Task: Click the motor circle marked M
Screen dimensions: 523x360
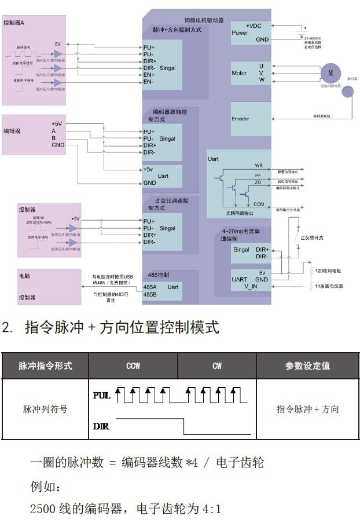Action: [x=330, y=73]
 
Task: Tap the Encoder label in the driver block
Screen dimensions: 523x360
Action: [x=240, y=119]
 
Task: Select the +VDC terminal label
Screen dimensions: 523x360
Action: [x=255, y=26]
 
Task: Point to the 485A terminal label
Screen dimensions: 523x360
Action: [x=150, y=287]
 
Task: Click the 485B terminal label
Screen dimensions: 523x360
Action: [x=150, y=294]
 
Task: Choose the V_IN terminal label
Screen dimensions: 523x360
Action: [x=251, y=286]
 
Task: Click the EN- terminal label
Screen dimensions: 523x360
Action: [x=149, y=82]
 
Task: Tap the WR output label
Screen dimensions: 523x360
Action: [x=259, y=166]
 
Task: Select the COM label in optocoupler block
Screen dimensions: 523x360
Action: [x=259, y=204]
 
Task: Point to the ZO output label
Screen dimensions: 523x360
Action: [x=258, y=182]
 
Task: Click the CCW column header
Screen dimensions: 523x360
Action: [x=133, y=365]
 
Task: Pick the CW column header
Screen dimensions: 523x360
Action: [x=217, y=365]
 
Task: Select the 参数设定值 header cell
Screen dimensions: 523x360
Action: [x=307, y=365]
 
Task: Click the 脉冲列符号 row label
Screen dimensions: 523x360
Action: [x=45, y=409]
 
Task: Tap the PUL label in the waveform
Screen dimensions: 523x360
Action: [x=101, y=396]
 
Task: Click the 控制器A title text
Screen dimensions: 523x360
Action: [x=14, y=23]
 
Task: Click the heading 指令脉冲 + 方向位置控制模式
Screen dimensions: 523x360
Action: [x=122, y=327]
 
